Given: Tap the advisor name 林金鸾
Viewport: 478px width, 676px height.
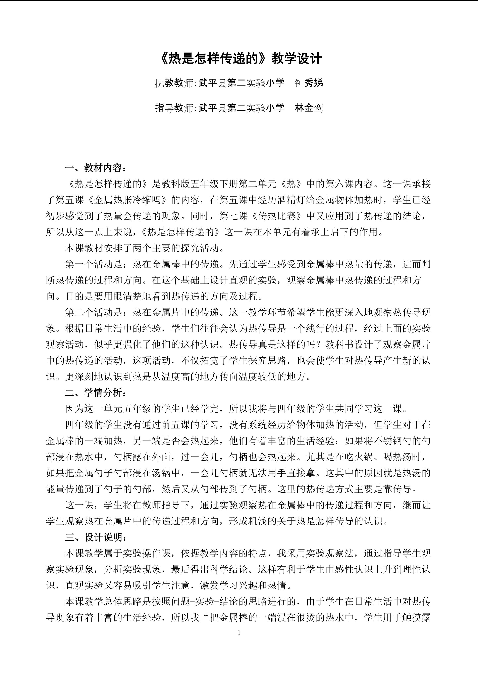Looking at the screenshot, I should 309,108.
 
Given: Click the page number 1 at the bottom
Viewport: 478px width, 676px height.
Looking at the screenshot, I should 239,632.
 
